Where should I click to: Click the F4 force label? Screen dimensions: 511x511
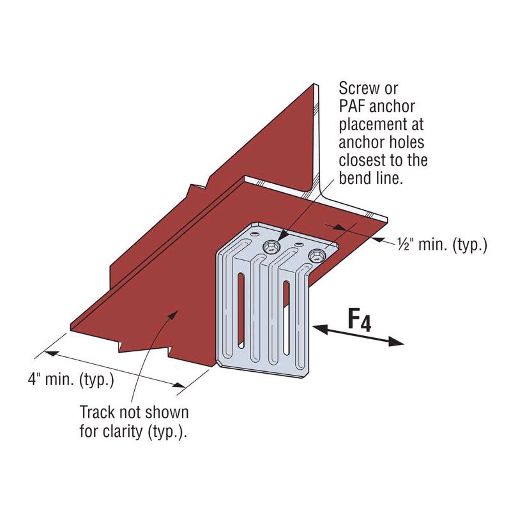(359, 320)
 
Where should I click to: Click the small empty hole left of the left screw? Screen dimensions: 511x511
(255, 235)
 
